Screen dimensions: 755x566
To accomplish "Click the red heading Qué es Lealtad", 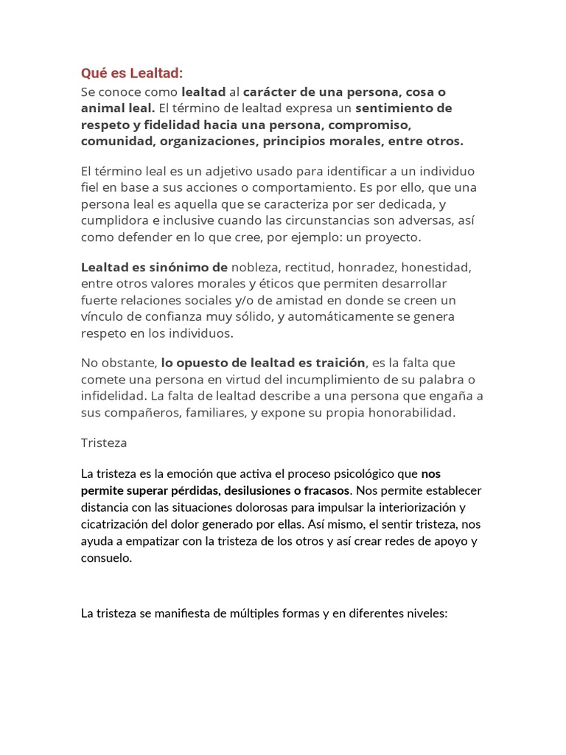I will pos(131,73).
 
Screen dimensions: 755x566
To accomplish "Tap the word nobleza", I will pos(256,266).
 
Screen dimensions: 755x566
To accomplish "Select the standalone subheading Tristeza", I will pos(104,442).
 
